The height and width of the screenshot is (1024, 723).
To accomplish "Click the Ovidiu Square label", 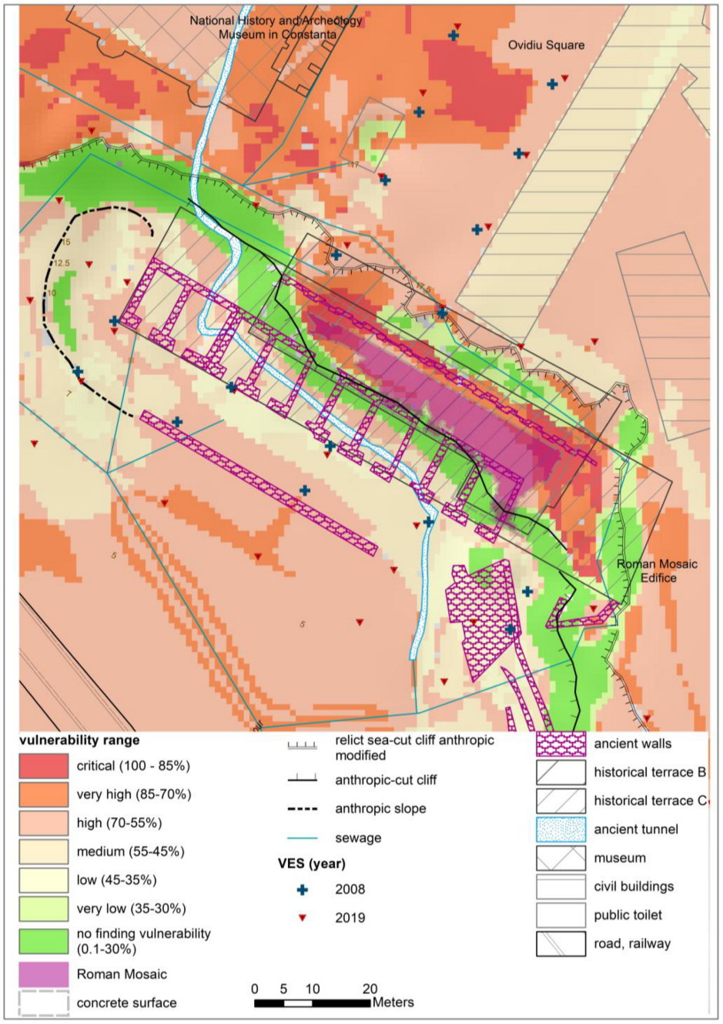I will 545,45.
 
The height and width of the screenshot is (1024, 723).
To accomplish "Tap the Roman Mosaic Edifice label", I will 657,571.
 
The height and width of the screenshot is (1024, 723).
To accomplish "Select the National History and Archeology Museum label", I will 276,27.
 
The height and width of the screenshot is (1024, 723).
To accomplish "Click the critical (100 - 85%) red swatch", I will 43,766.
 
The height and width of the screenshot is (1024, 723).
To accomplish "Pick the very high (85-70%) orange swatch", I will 43,795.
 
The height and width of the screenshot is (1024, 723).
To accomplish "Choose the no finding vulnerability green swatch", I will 43,941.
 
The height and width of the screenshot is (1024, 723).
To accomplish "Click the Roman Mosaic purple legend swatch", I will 43,974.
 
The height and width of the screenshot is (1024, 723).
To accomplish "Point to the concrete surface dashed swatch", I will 43,1002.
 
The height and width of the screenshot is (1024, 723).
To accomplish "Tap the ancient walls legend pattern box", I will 561,744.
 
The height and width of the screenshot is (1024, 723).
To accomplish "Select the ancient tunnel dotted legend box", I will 561,829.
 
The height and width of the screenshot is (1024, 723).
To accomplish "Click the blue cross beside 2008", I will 303,889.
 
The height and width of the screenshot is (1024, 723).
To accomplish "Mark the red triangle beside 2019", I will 303,918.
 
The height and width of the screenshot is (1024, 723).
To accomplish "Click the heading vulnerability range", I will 79,740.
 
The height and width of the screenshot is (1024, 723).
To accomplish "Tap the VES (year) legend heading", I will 311,863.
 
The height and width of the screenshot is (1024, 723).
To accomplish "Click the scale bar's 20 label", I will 370,989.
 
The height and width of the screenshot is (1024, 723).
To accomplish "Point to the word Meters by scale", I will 393,1002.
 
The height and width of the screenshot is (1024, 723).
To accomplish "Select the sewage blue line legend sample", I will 303,838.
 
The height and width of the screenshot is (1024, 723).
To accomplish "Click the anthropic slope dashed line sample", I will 303,809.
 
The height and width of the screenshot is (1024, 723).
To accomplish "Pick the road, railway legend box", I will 561,944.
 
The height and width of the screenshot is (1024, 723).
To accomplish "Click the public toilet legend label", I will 628,915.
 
